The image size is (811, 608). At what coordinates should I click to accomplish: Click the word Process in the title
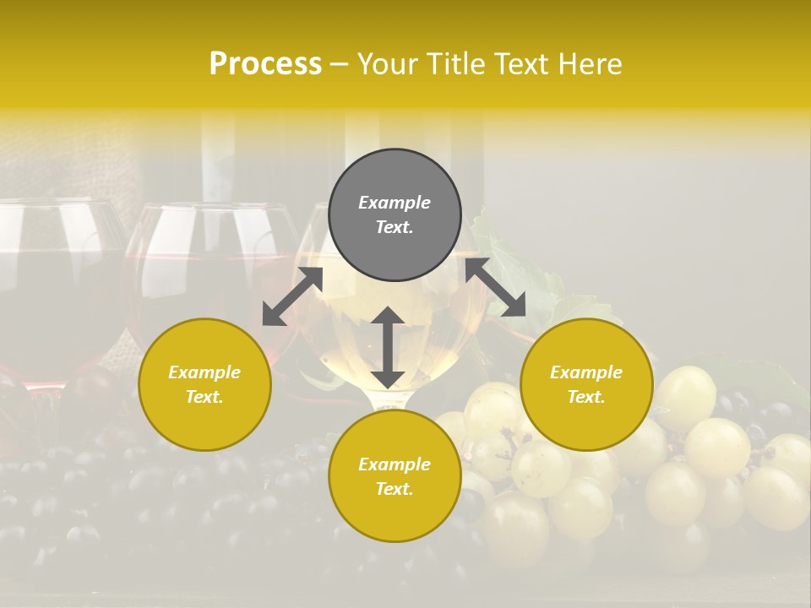pos(265,64)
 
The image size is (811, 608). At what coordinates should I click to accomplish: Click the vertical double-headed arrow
pos(388,347)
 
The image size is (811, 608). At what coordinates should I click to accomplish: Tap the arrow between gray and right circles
pos(495,287)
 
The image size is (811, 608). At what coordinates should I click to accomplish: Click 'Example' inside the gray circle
pos(395,203)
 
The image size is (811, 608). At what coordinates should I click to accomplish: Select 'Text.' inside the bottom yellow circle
pos(395,489)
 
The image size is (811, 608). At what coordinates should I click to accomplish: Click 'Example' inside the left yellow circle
pos(204,372)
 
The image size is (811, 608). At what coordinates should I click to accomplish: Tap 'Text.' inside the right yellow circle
pos(586,397)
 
